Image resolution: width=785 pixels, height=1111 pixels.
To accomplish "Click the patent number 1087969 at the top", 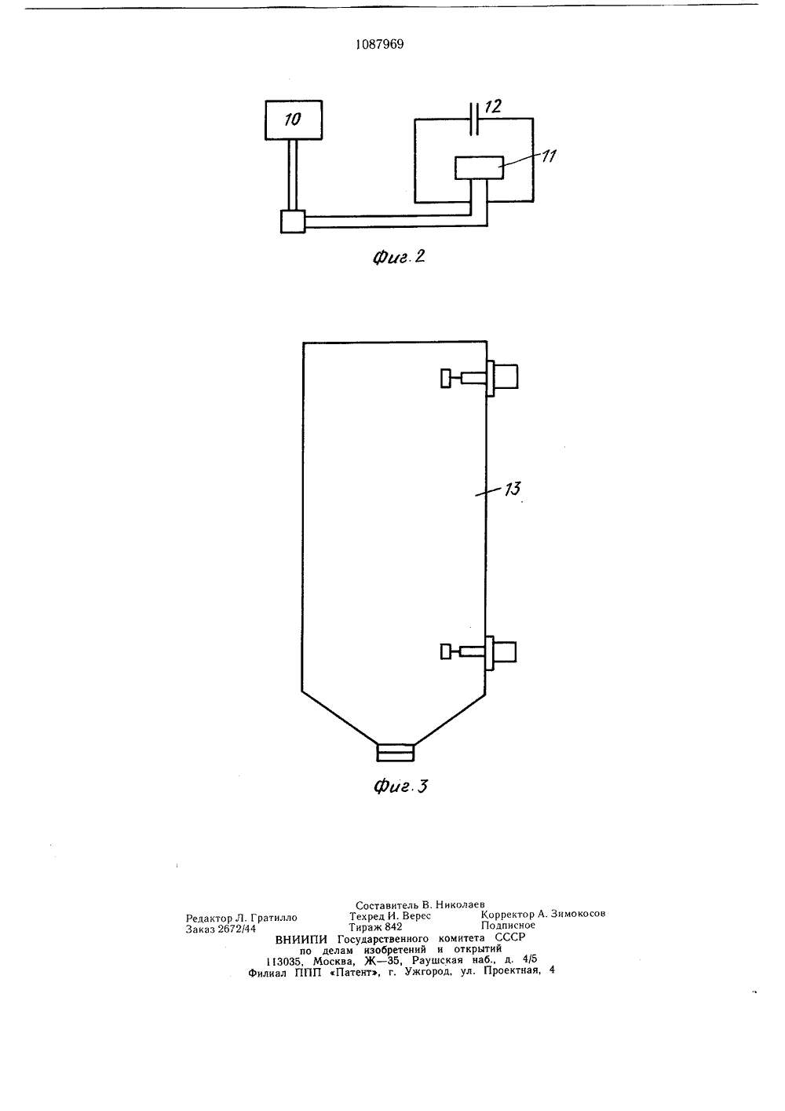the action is pos(380,45).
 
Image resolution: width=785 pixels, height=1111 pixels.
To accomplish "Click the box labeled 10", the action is pos(294,120).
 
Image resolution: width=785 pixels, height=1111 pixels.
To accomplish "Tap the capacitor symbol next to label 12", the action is pos(474,119).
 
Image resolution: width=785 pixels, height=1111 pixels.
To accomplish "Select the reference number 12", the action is pos(493,106).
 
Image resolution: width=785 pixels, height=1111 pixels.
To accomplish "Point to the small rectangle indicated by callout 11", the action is pos(479,167).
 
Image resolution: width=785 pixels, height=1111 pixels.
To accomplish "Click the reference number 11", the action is pos(548,156).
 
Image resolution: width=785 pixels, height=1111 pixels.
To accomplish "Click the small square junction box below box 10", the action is pos(293,222).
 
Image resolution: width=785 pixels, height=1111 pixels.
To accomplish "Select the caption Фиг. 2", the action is pos(399,257).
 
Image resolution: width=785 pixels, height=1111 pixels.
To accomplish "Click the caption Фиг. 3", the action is pos(400,786).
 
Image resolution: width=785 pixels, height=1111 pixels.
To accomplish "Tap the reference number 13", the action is pos(513,489).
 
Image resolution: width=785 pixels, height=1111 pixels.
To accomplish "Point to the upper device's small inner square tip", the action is pos(446,379).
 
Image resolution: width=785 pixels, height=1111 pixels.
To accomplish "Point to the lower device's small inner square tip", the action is pos(446,651).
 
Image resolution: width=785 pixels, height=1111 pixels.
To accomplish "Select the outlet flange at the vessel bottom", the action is pos(396,752).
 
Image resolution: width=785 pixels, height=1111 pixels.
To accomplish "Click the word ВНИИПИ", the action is pos(301,940).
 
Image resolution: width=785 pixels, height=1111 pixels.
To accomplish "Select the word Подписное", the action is pos(508,925).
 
